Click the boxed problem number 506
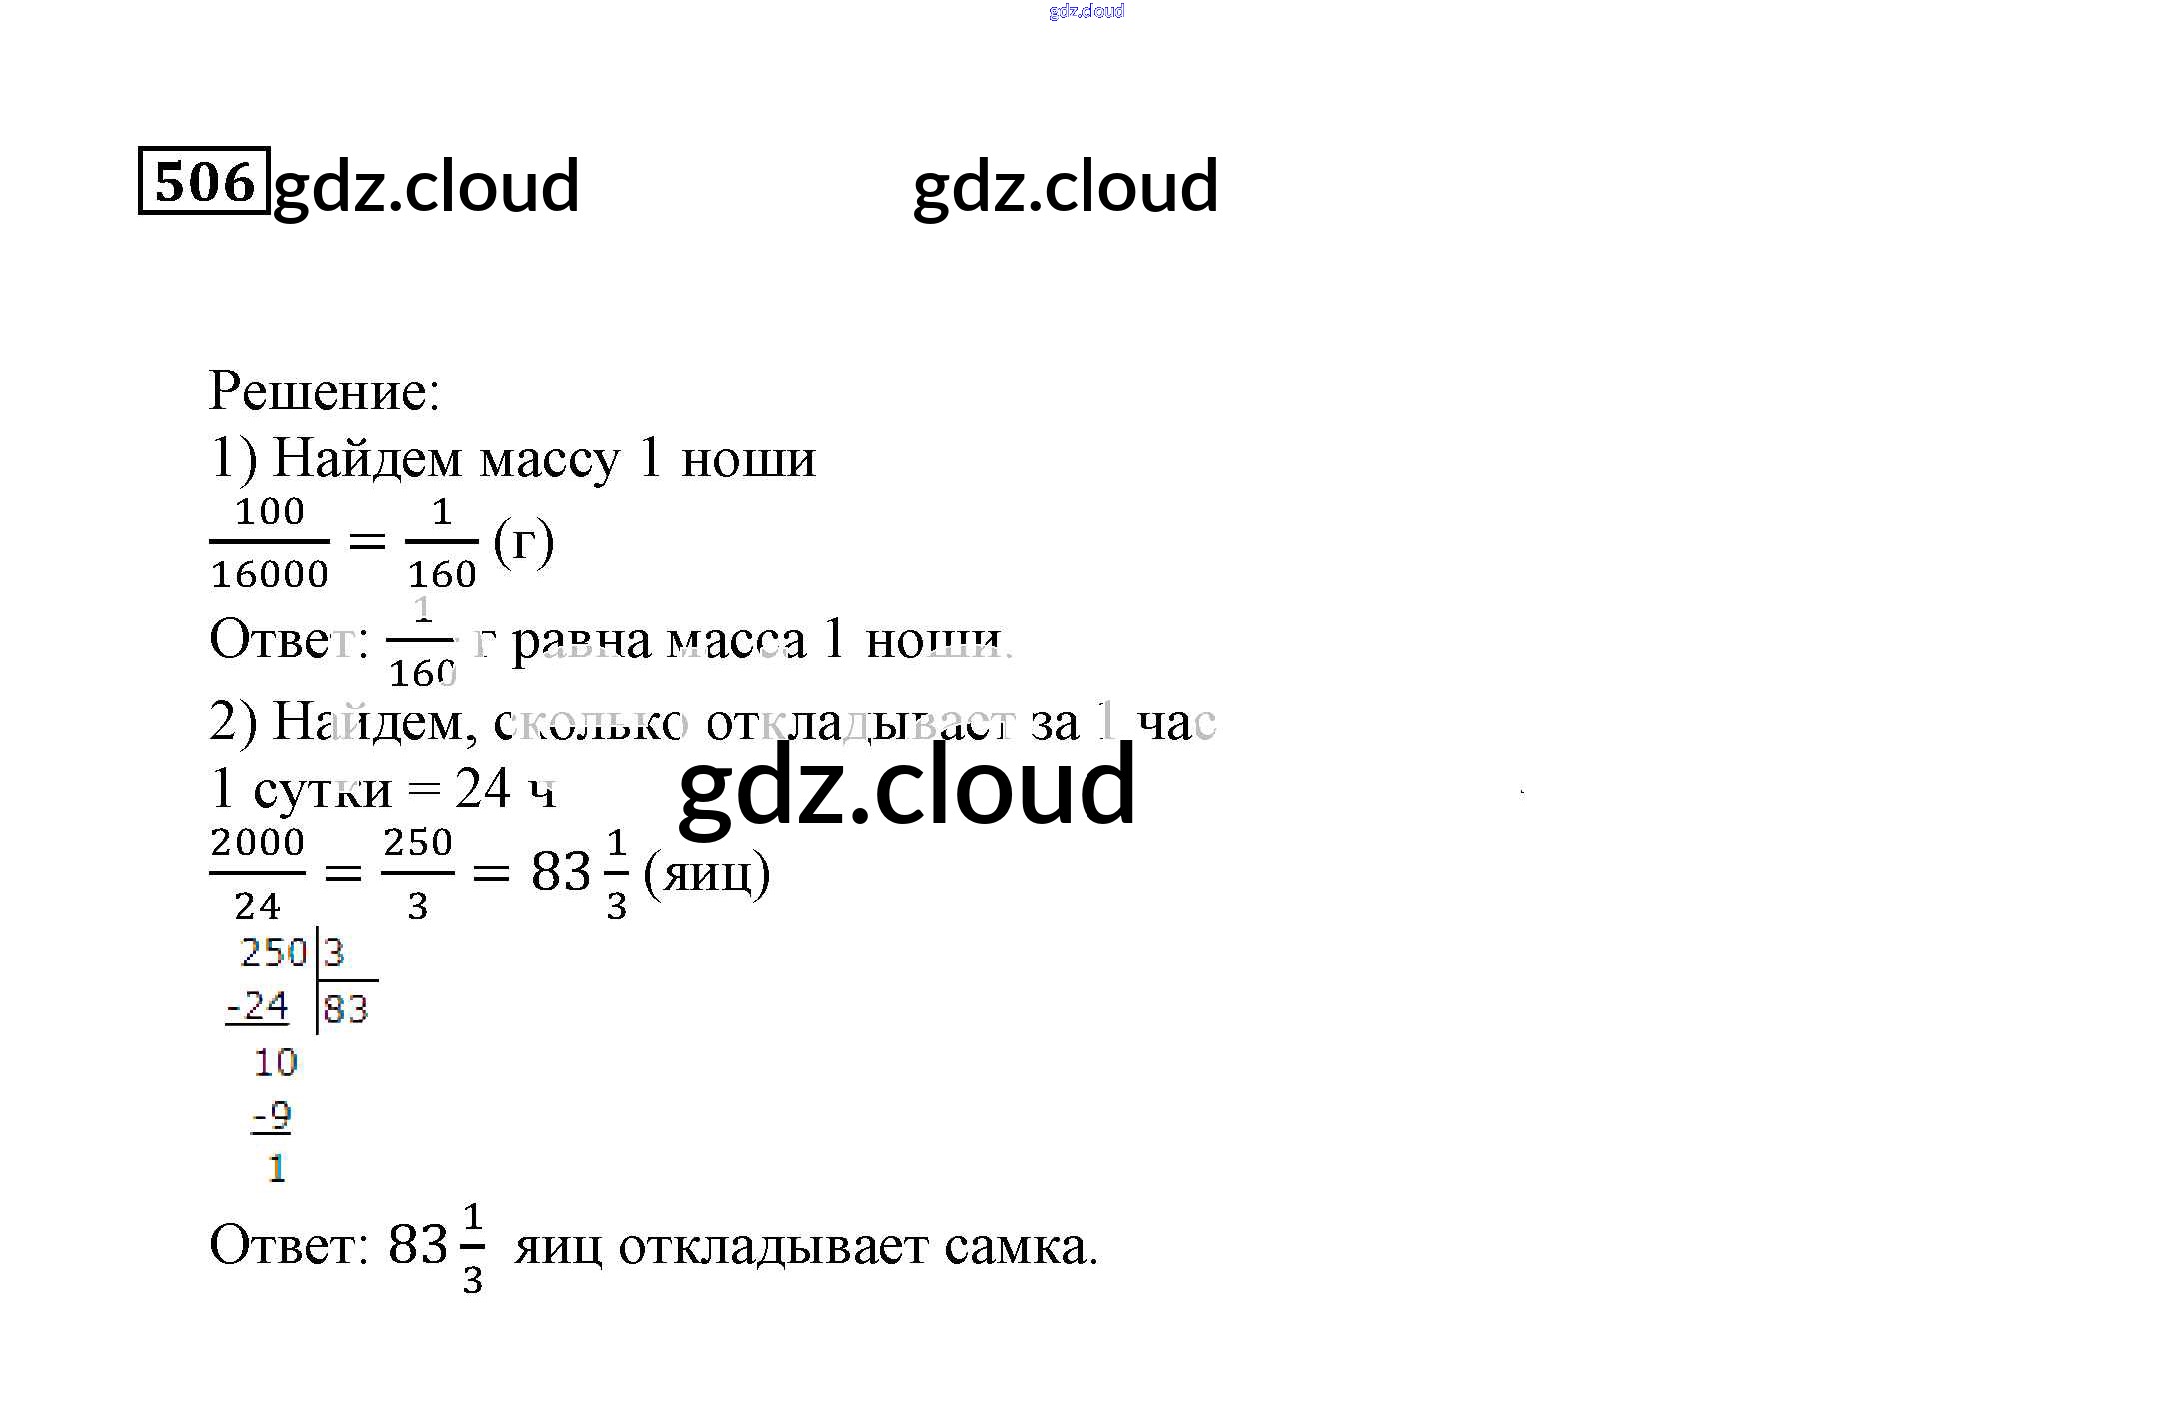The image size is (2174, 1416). click(x=204, y=181)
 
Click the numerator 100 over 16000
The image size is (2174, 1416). click(x=269, y=512)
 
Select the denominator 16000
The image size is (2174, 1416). click(x=269, y=575)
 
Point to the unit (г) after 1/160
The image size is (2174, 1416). click(x=523, y=543)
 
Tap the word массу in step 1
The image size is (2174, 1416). click(x=550, y=460)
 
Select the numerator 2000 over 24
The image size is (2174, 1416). click(x=257, y=843)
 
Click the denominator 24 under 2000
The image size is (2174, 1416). click(x=257, y=907)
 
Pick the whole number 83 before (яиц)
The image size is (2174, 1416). click(x=560, y=872)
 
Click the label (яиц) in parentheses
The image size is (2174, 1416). click(x=706, y=874)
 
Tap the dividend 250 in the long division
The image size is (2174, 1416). click(x=273, y=953)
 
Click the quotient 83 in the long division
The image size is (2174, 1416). click(x=346, y=1009)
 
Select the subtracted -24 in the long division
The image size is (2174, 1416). click(x=257, y=1006)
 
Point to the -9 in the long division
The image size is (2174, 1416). click(x=271, y=1115)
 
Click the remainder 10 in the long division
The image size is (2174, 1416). click(x=275, y=1063)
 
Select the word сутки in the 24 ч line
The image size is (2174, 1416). click(x=322, y=791)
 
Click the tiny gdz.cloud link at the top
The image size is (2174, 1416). click(x=1087, y=11)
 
